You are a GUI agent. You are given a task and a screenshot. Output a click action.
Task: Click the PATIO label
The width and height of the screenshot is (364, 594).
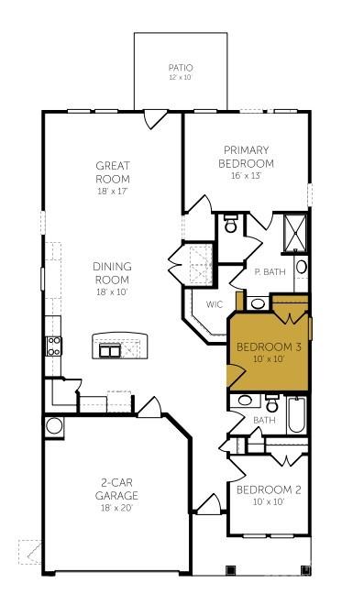click(x=181, y=68)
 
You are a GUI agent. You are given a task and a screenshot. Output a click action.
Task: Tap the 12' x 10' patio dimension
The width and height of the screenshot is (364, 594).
click(x=181, y=78)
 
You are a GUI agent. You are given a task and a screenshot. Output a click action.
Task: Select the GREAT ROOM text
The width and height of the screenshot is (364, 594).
click(x=113, y=172)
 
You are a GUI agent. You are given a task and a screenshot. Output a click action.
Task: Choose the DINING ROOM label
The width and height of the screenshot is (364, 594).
click(x=112, y=272)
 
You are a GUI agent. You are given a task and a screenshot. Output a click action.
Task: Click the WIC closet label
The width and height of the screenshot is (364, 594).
click(x=215, y=304)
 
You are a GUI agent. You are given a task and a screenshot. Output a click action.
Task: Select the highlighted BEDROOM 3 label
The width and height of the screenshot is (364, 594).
click(x=269, y=347)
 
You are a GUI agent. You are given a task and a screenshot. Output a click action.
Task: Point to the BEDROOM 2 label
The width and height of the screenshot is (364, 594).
click(x=269, y=489)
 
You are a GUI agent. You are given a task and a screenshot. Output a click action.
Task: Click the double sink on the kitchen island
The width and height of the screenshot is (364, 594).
click(x=111, y=349)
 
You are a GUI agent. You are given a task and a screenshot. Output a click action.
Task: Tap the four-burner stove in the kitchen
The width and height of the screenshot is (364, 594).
click(x=54, y=346)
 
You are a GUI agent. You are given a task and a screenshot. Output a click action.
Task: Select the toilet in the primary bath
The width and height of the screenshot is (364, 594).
click(x=232, y=223)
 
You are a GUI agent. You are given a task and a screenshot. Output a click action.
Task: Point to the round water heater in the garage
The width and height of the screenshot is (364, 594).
click(x=54, y=425)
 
